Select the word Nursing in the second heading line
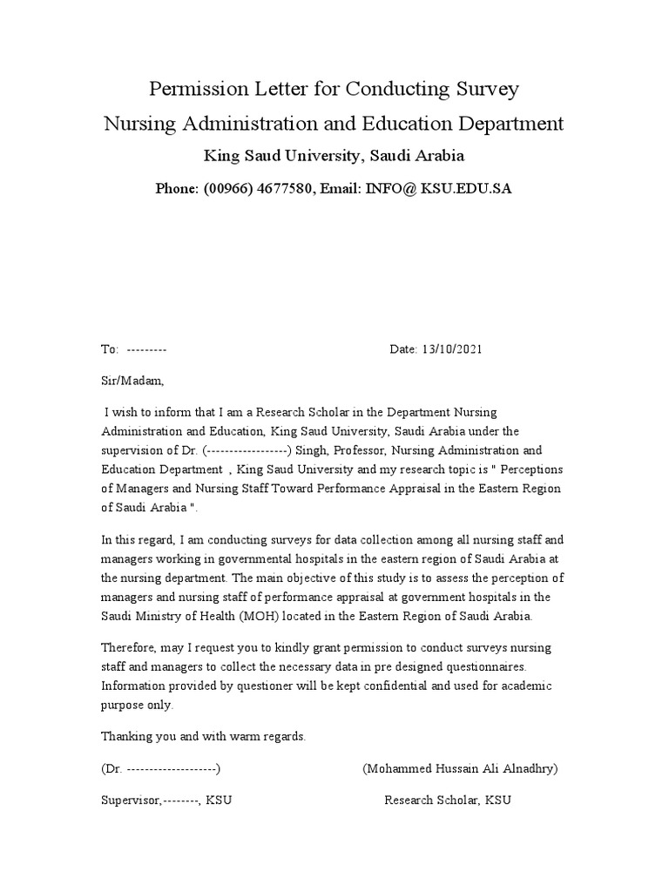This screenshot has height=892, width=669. [x=139, y=124]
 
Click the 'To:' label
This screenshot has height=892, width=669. [x=110, y=349]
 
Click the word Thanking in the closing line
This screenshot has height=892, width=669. [x=128, y=737]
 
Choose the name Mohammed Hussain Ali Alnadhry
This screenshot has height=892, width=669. [x=459, y=768]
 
